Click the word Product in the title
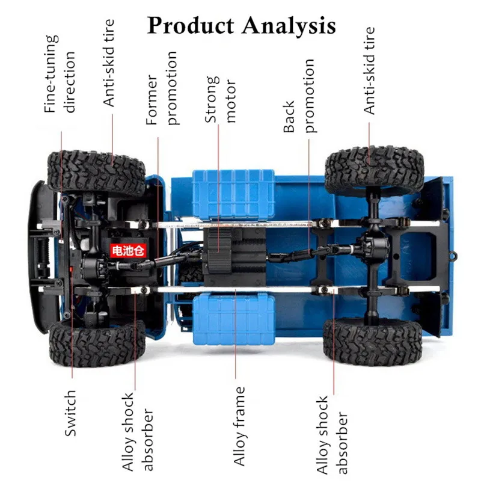click(x=190, y=26)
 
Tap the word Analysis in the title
click(x=289, y=26)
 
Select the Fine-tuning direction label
click(x=61, y=73)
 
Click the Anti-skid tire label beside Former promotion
click(x=109, y=63)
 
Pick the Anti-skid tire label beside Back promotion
click(x=369, y=70)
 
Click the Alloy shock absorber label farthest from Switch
click(x=332, y=434)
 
